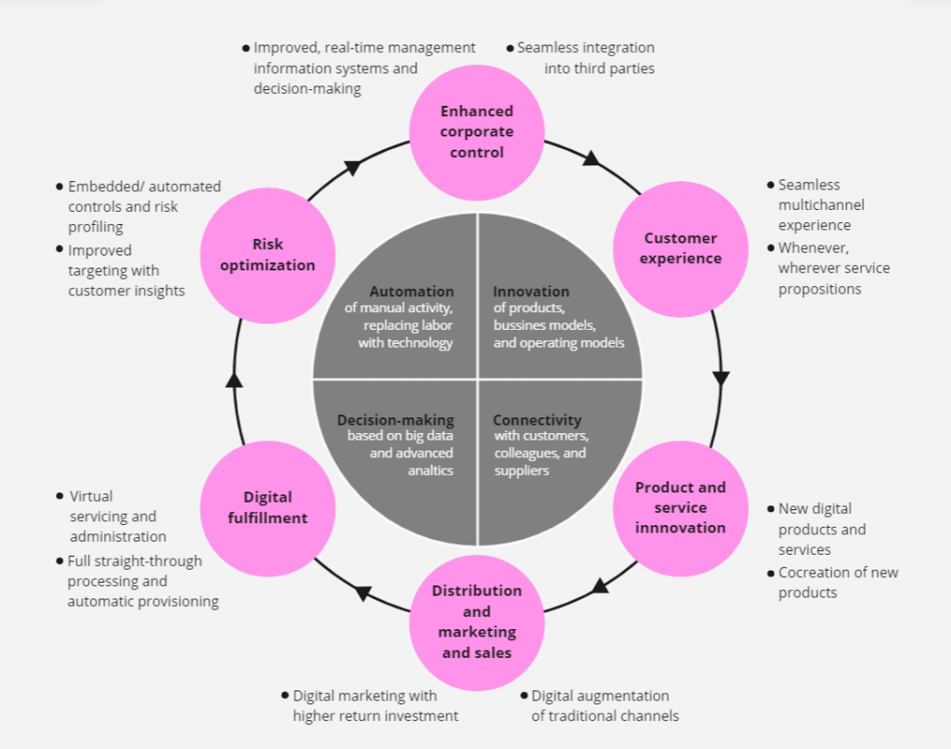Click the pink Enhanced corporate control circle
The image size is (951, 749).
(476, 132)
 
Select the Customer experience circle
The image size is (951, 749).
(680, 248)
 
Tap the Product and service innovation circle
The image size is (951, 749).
(680, 507)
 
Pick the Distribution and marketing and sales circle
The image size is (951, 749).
(476, 621)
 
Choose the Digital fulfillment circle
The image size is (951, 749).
(267, 507)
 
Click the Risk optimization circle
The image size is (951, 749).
(267, 255)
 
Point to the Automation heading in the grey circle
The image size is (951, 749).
(411, 292)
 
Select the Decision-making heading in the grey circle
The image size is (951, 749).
(396, 420)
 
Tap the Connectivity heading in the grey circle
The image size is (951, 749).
(537, 420)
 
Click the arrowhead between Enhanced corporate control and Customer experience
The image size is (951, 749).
(591, 159)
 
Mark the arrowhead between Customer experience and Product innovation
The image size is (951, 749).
(721, 378)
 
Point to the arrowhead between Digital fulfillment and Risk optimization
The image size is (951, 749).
(234, 379)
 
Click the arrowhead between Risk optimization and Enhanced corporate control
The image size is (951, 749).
(353, 167)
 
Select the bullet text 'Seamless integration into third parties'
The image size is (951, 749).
(585, 58)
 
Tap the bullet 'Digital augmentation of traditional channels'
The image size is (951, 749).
(604, 705)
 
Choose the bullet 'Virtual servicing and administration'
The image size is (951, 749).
(117, 517)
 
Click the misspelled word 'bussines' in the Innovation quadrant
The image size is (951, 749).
(523, 325)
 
